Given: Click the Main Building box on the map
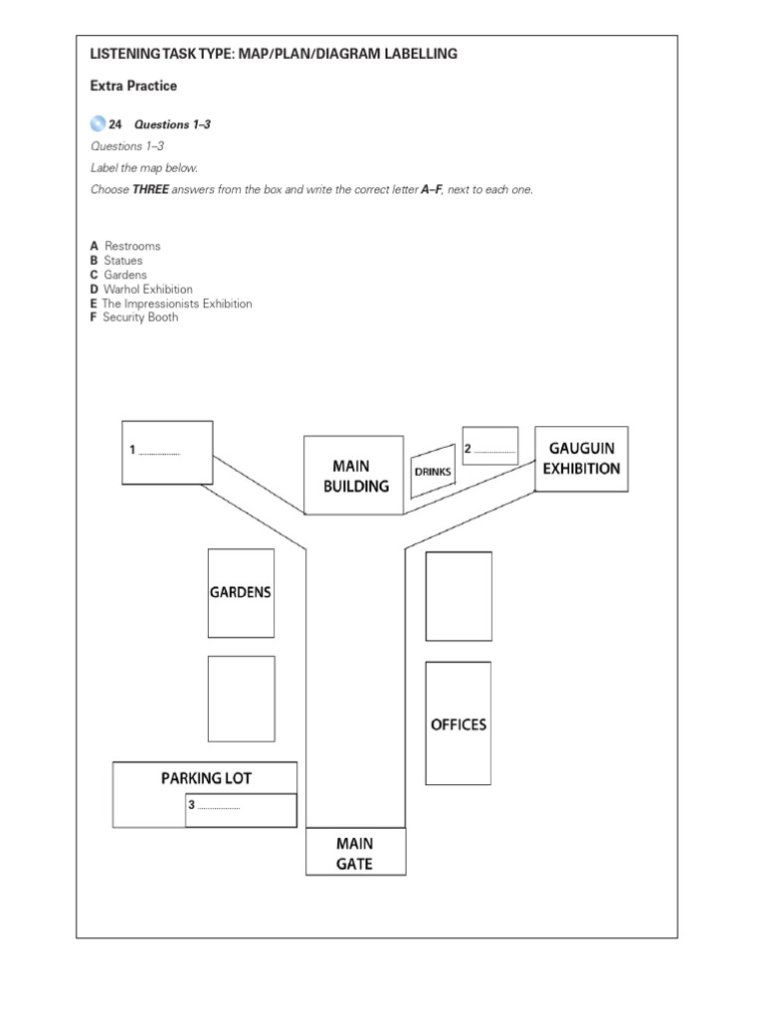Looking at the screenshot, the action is click(353, 476).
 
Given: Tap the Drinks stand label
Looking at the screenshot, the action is click(433, 472).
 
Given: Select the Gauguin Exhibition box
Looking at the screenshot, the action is click(582, 459).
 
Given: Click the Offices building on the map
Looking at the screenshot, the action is click(459, 723).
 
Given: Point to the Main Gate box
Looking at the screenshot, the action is click(355, 853).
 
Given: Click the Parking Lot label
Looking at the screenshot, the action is click(206, 777).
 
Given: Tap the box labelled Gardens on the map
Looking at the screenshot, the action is click(241, 592).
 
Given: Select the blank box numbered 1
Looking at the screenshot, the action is click(167, 450).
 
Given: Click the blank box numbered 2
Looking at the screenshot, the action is click(490, 447).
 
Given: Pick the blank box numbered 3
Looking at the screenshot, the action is click(241, 810).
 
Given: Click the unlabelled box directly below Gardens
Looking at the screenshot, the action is click(241, 698).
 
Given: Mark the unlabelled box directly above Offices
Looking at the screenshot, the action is click(459, 596).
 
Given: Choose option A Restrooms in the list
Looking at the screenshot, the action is click(125, 246).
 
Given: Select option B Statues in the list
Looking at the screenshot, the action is click(116, 261).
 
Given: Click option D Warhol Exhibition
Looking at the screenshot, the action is click(141, 290).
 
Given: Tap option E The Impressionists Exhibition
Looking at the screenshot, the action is click(171, 304).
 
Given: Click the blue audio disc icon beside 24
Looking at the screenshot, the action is click(97, 124).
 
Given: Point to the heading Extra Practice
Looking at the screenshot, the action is click(133, 86).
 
